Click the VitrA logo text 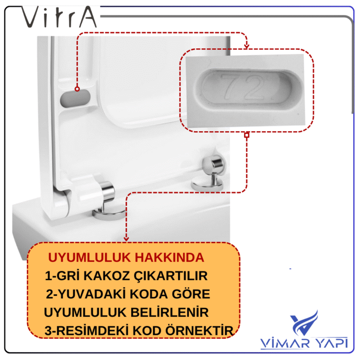tap(59, 17)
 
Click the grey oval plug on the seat tap(75, 99)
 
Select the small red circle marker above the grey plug tap(77, 89)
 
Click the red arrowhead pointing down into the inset tap(246, 46)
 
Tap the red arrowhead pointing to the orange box tap(126, 239)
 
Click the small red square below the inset tap(247, 135)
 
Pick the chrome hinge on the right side tap(209, 172)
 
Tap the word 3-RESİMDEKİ tap(87, 330)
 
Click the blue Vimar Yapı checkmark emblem tap(303, 322)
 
